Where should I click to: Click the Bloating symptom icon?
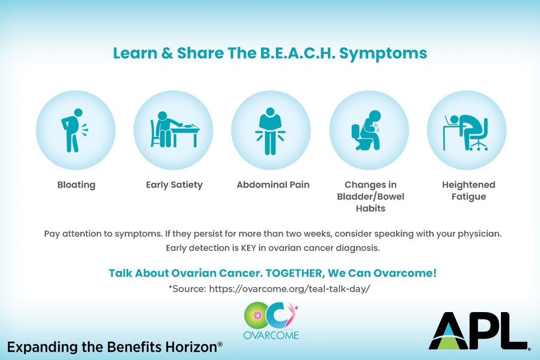pyautogui.click(x=73, y=131)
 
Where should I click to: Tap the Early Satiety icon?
pyautogui.click(x=175, y=130)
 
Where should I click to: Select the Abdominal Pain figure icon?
pyautogui.click(x=270, y=131)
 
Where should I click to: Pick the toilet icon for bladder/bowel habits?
pyautogui.click(x=366, y=130)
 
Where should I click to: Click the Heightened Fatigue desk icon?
pyautogui.click(x=466, y=133)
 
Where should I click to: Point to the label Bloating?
pyautogui.click(x=76, y=185)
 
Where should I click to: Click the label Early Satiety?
pyautogui.click(x=174, y=185)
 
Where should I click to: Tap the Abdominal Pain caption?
pyautogui.click(x=273, y=185)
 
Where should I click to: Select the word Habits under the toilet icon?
pyautogui.click(x=371, y=208)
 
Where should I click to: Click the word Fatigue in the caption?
pyautogui.click(x=469, y=197)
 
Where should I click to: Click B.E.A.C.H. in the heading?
pyautogui.click(x=298, y=53)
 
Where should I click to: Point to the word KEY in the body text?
pyautogui.click(x=248, y=247)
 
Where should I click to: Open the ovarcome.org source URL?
pyautogui.click(x=289, y=289)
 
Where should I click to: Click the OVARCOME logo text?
pyautogui.click(x=271, y=335)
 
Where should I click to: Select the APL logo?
pyautogui.click(x=479, y=331)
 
